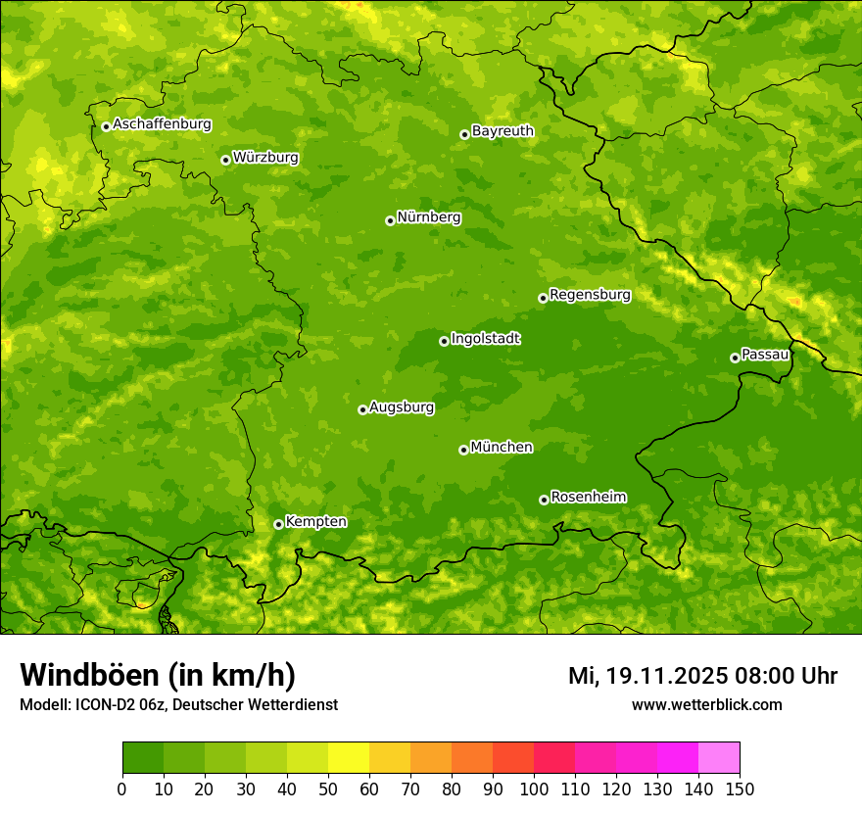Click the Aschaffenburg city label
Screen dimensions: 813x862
click(x=162, y=124)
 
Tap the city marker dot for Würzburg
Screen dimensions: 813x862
click(x=225, y=160)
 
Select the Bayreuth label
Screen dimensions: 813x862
click(x=503, y=130)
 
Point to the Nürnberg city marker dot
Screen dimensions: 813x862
click(x=390, y=220)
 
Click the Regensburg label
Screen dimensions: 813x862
click(x=590, y=294)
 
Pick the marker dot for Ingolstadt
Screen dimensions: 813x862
click(x=444, y=341)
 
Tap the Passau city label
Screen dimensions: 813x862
click(x=765, y=354)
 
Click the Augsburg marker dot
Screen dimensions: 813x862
click(x=362, y=409)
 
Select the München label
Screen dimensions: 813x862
click(x=502, y=447)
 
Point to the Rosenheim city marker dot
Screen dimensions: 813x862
click(x=544, y=500)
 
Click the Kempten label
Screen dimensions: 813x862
click(x=315, y=521)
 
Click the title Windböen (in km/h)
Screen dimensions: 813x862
click(x=157, y=675)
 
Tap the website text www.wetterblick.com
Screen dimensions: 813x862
click(x=706, y=704)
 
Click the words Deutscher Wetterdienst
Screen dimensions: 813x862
click(x=262, y=704)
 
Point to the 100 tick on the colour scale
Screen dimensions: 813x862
click(x=534, y=788)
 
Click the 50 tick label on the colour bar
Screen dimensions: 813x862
click(x=328, y=788)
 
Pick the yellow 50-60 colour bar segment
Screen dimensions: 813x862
click(x=348, y=757)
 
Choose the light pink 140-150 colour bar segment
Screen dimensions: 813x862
click(x=718, y=757)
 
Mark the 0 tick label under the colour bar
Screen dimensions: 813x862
click(x=122, y=788)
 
